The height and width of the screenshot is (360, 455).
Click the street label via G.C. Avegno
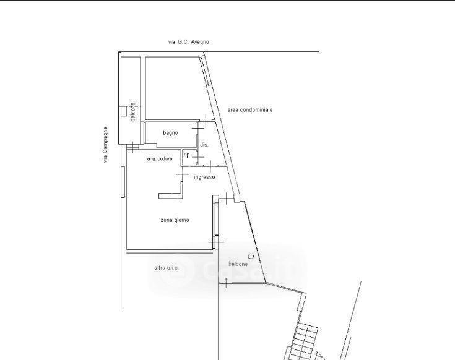point(189,42)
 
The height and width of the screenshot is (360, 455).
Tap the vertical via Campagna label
point(105,144)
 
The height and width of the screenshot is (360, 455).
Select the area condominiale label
point(250,110)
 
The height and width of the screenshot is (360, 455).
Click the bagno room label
point(170,133)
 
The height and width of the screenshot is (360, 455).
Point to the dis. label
point(204,145)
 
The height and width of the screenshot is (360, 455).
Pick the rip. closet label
point(187,155)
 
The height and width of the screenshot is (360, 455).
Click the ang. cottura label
point(160,159)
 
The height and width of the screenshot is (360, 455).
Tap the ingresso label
point(204,177)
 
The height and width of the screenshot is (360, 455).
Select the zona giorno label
point(175,220)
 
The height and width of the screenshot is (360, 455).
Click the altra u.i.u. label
point(167,268)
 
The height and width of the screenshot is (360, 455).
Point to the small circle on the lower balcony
point(251,256)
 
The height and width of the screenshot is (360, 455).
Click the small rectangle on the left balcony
point(124,111)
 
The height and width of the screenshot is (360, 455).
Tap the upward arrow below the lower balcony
point(227,283)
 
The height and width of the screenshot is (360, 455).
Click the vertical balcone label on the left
point(133,112)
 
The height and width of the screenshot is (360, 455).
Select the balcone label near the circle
point(238,264)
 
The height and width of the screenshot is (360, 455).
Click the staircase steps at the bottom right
point(304,342)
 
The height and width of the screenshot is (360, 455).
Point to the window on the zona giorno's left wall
point(124,182)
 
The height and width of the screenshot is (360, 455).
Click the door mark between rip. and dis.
point(198,157)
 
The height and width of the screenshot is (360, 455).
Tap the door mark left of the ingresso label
point(182,174)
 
